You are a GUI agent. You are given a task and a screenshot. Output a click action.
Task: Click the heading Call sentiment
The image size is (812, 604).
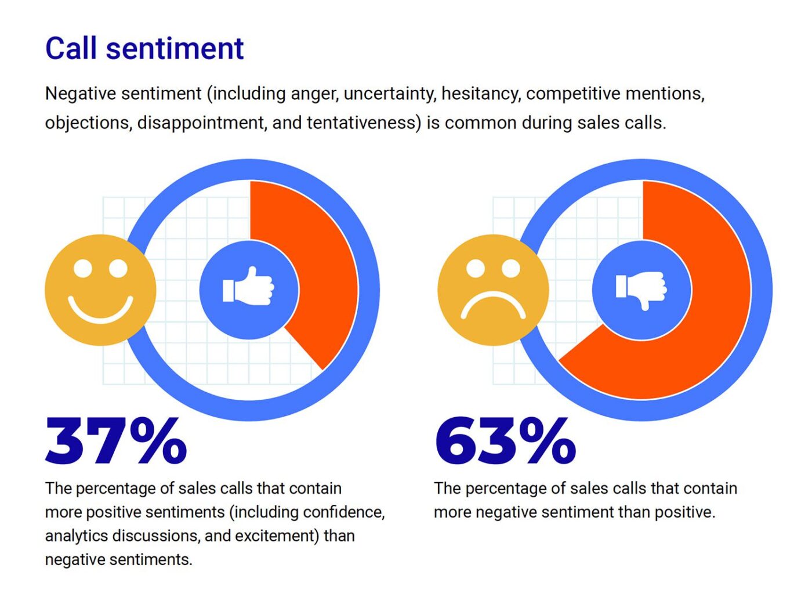(x=144, y=48)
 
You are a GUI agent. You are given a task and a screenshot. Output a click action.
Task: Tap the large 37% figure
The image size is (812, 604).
(x=116, y=442)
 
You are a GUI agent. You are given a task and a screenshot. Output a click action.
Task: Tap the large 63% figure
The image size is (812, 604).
(x=505, y=442)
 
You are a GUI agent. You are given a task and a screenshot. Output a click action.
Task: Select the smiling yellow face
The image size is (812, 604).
(x=100, y=290)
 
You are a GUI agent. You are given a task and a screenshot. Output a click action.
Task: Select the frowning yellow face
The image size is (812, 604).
(x=493, y=290)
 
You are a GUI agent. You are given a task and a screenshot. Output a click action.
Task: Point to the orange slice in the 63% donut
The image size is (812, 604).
(x=708, y=325)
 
